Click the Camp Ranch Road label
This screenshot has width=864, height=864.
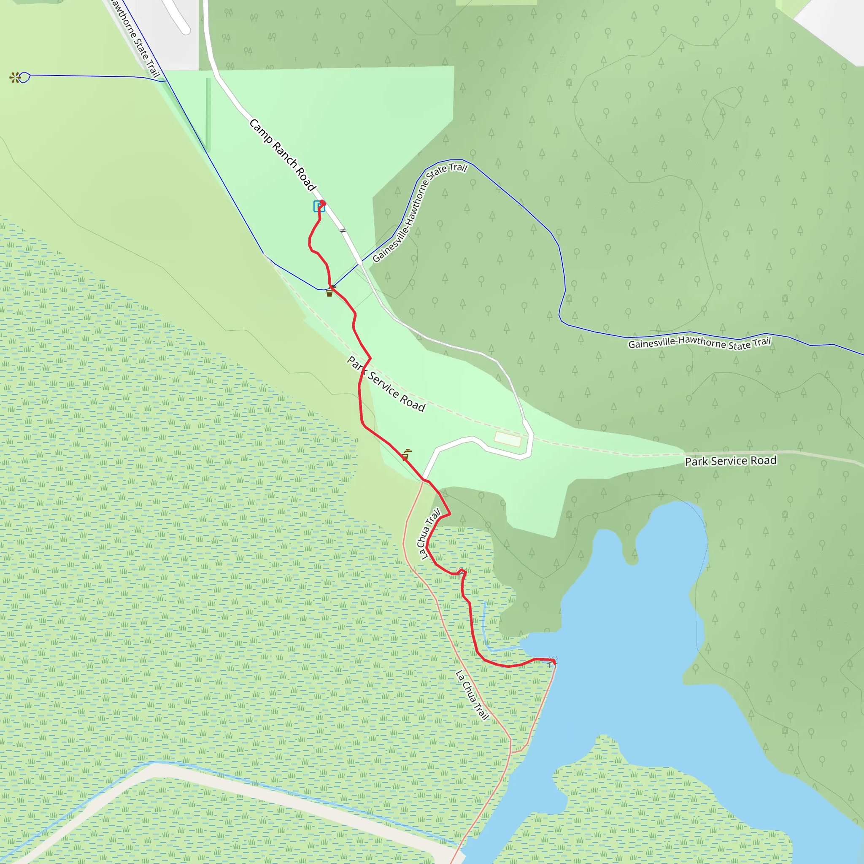click(x=283, y=155)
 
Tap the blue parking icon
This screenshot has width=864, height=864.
click(x=319, y=207)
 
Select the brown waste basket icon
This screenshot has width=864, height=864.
click(x=329, y=293)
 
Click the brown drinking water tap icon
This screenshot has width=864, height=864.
click(x=405, y=455)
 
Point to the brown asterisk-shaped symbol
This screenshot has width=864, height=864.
click(x=15, y=78)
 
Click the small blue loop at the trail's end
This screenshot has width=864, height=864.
click(x=24, y=77)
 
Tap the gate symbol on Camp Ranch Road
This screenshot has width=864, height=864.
click(x=343, y=231)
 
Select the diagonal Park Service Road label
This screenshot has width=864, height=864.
click(x=386, y=384)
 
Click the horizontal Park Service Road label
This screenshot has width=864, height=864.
click(x=731, y=461)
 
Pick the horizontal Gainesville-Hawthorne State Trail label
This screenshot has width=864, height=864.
click(x=699, y=343)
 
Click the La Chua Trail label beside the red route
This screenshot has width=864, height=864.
click(x=429, y=534)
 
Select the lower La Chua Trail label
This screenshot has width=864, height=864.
click(x=472, y=695)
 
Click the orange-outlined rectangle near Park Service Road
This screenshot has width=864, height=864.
click(x=508, y=439)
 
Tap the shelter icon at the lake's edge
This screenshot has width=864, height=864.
click(x=551, y=663)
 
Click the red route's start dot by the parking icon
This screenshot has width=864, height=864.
click(x=322, y=202)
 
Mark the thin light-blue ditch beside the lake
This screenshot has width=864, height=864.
click(x=486, y=626)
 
